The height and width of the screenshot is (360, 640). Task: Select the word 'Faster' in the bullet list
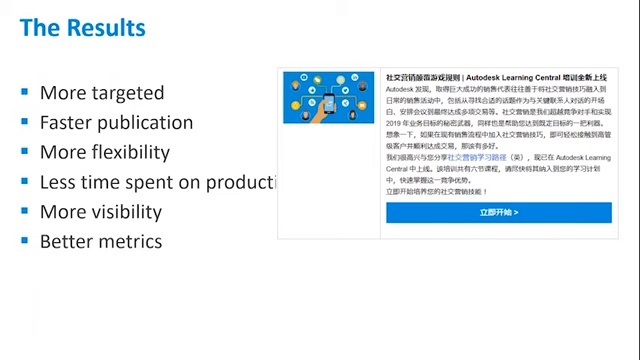[68, 123]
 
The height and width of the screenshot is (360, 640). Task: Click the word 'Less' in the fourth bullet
[58, 182]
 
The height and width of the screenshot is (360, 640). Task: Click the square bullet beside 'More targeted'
[24, 92]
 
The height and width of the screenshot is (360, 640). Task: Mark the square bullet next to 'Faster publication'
[24, 122]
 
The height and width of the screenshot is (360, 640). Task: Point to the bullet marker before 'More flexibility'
[24, 152]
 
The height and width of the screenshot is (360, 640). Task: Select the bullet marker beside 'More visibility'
[24, 211]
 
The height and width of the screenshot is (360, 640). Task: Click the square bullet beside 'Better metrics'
[24, 241]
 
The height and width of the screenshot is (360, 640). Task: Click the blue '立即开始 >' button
[498, 213]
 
